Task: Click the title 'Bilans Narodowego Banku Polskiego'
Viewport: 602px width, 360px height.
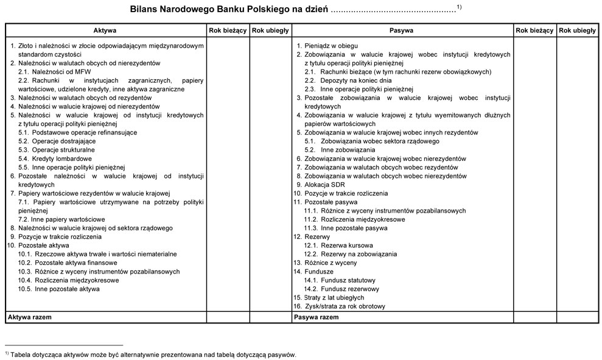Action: click(229, 10)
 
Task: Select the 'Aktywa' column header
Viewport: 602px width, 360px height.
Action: click(105, 30)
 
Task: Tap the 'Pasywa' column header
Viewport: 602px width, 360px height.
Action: click(401, 30)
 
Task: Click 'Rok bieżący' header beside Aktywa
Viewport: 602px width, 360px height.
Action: click(228, 30)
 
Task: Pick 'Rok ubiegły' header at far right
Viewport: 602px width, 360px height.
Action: click(577, 30)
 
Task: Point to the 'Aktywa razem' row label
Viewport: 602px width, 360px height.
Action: click(29, 317)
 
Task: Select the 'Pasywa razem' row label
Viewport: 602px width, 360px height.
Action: click(316, 317)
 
